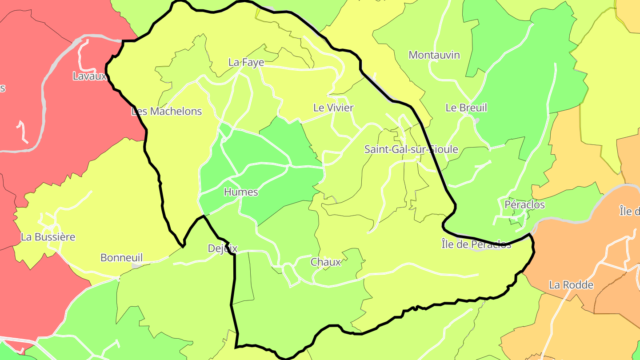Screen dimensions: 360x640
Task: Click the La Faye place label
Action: tap(246, 63)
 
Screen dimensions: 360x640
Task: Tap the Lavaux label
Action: tap(90, 76)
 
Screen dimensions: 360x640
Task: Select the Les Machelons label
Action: tap(167, 111)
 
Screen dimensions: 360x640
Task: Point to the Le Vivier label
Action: tap(333, 108)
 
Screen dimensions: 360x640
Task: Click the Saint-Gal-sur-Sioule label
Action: tap(411, 149)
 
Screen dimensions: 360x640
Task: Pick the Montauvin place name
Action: tap(434, 55)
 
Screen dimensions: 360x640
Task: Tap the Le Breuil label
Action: tap(466, 108)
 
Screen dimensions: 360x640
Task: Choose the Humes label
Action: tap(241, 192)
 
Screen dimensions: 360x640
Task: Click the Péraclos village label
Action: tap(524, 205)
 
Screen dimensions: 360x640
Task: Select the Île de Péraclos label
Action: tap(476, 244)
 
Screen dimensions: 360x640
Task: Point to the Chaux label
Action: tap(326, 262)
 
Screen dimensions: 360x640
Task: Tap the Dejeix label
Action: tap(223, 248)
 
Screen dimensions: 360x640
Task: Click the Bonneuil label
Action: tap(121, 258)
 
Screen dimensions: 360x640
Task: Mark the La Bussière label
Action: tap(48, 237)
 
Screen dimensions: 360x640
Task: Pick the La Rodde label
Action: tap(571, 285)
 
